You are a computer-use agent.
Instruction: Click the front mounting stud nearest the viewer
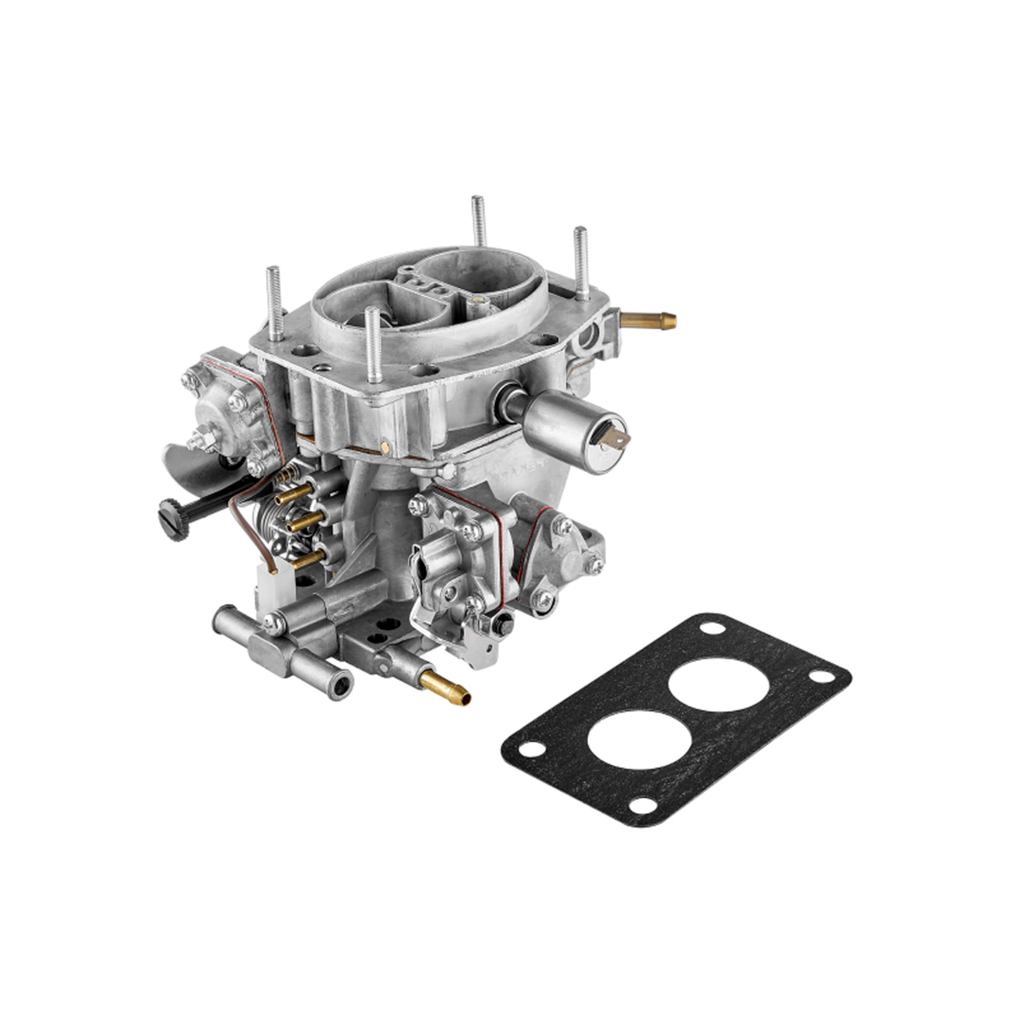point(372,344)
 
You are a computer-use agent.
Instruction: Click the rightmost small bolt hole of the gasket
point(823,676)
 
